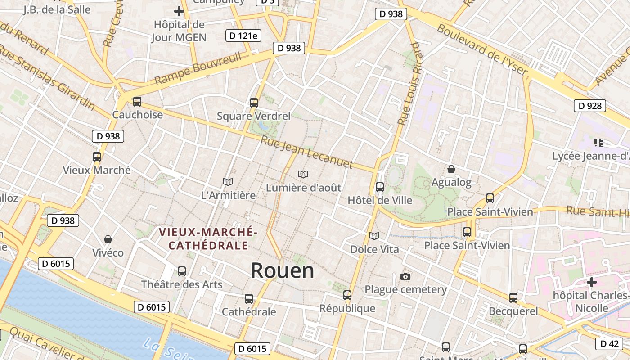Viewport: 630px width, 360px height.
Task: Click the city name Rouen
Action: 282,270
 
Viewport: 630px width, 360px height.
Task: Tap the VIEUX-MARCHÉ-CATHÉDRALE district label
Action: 208,239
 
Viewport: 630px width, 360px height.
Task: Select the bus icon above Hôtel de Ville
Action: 380,187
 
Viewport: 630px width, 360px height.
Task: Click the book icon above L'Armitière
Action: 228,182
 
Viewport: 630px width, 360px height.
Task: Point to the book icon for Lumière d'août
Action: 303,174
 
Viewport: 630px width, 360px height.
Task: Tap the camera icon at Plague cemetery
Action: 405,276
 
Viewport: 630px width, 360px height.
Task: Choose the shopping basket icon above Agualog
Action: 451,169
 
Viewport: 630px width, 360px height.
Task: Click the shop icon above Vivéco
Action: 108,239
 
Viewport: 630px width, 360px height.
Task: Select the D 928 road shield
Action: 589,106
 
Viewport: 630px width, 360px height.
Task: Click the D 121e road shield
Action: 243,36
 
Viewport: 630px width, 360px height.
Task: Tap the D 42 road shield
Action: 610,344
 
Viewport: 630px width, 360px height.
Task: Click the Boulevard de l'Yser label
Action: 482,49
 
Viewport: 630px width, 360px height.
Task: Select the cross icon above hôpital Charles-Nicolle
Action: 592,282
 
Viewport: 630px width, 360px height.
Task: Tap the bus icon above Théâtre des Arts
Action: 182,271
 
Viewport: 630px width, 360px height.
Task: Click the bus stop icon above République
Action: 347,295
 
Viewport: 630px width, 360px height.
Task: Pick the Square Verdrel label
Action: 253,116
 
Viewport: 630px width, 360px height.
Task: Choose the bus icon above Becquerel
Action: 513,298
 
